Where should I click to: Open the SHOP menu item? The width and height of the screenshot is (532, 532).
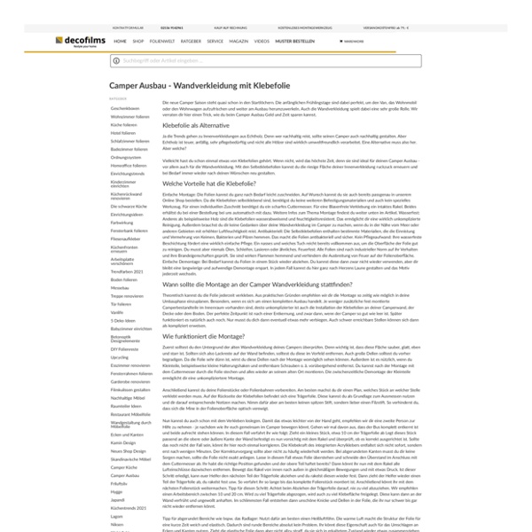pyautogui.click(x=138, y=41)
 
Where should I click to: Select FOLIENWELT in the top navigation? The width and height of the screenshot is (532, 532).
pyautogui.click(x=161, y=41)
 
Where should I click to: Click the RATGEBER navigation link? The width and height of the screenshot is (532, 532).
pyautogui.click(x=190, y=41)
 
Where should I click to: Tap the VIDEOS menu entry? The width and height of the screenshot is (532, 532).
pyautogui.click(x=262, y=41)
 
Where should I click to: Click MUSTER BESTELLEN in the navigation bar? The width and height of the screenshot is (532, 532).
pyautogui.click(x=296, y=41)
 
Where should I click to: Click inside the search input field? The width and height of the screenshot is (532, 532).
pyautogui.click(x=266, y=60)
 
